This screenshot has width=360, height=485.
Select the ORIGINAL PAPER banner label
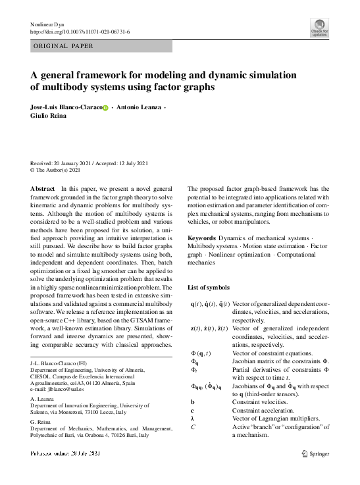pos(63,46)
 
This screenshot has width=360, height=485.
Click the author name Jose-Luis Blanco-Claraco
pos(66,107)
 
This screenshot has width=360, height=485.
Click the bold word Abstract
pos(43,188)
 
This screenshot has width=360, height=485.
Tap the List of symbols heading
pos(209,288)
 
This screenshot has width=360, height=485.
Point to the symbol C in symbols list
pos(193,427)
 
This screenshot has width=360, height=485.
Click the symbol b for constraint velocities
pos(192,401)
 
